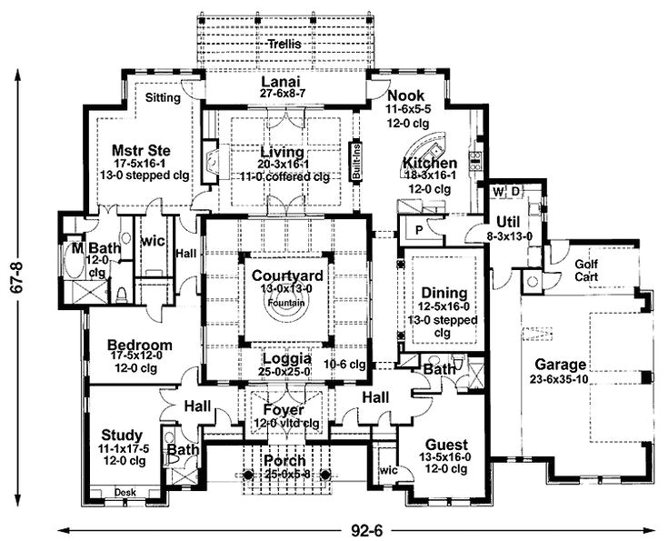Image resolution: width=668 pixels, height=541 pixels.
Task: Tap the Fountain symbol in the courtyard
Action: click(285, 306)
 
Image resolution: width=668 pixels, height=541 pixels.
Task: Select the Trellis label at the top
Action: click(284, 44)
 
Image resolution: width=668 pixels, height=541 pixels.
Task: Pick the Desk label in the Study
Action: click(125, 492)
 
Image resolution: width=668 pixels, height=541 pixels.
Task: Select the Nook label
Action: click(405, 95)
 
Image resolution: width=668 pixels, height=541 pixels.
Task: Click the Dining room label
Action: click(443, 293)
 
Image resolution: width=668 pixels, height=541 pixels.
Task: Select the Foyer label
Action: click(284, 409)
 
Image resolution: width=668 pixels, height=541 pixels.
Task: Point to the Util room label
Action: click(506, 221)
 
